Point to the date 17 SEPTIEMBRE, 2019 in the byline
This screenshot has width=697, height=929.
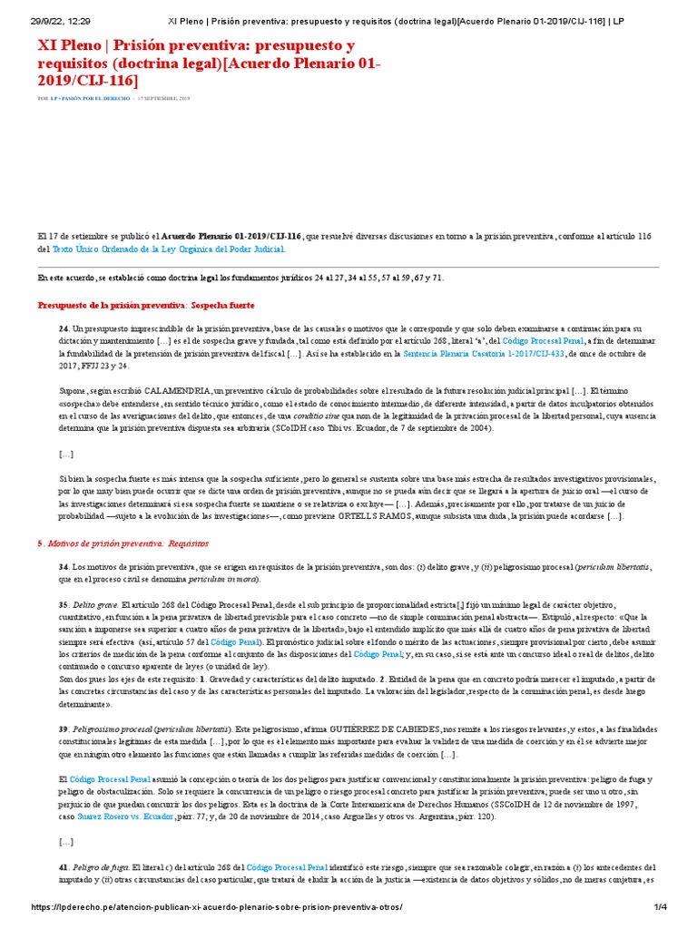[x=163, y=98]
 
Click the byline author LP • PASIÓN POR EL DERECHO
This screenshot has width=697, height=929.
[x=90, y=98]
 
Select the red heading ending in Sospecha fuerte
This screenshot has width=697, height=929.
[x=146, y=305]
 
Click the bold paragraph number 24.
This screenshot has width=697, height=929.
[x=64, y=328]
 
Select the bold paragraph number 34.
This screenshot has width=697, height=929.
[x=64, y=566]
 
